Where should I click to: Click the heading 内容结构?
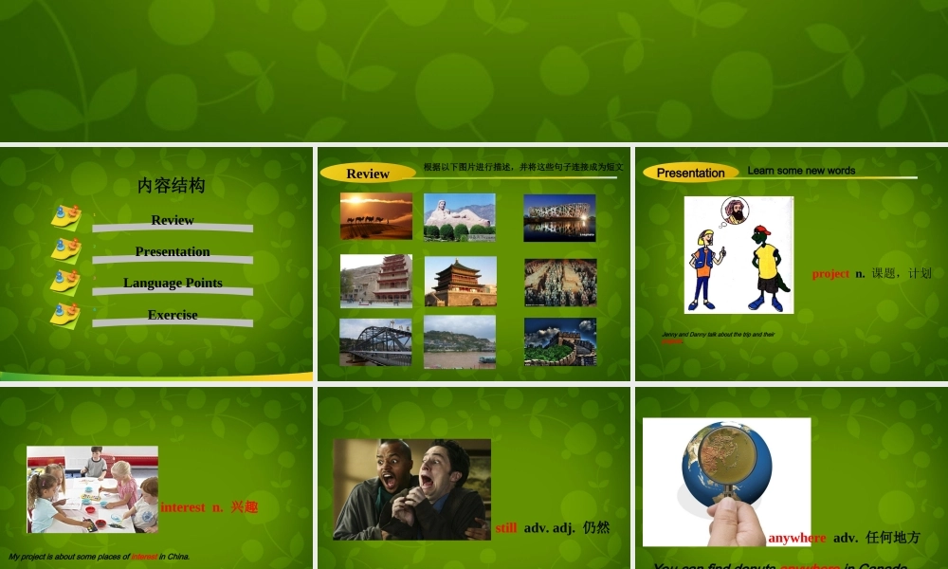pos(172,186)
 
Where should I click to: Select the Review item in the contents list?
pos(173,220)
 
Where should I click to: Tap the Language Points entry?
pos(173,283)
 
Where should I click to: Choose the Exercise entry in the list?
pos(173,315)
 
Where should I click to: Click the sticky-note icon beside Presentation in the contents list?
pos(65,249)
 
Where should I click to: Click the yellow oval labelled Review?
pos(368,174)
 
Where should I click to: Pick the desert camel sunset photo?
pos(376,216)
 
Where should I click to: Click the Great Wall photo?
pos(560,341)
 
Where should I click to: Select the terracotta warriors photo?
pos(560,283)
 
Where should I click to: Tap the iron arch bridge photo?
pos(376,341)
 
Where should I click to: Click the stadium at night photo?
pos(559,218)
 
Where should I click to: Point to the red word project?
pos(830,273)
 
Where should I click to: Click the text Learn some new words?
pos(801,171)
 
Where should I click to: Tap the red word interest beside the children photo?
pos(182,507)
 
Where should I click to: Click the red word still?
pos(505,527)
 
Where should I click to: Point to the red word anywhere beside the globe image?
pos(796,538)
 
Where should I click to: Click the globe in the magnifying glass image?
pos(726,462)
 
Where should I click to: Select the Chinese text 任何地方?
pos(892,538)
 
